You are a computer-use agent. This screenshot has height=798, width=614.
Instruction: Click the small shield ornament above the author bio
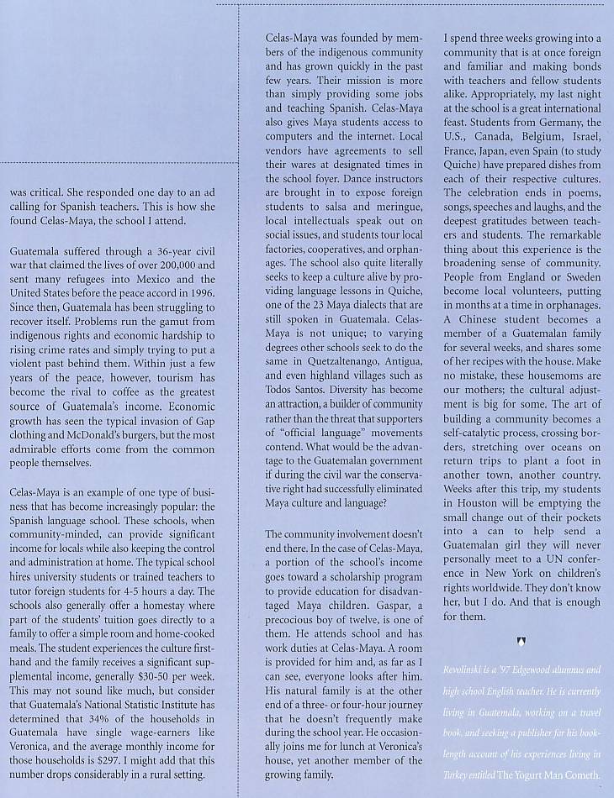[522, 641]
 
